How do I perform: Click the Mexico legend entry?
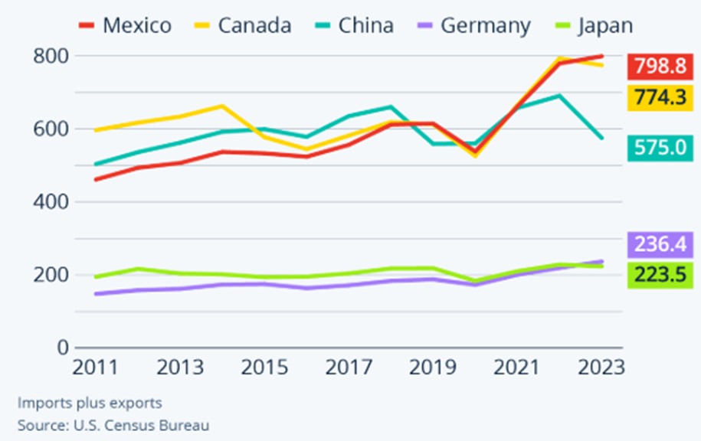tap(126, 25)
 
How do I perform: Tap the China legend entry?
tap(354, 25)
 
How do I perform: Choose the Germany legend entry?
tap(474, 25)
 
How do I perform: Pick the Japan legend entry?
tap(594, 25)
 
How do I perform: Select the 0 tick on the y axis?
tap(61, 348)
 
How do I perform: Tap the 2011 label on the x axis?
tap(95, 367)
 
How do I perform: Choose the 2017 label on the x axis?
tap(349, 367)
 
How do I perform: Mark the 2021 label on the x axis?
tap(518, 367)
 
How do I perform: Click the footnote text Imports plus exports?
tap(90, 403)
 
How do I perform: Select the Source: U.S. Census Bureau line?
tap(113, 424)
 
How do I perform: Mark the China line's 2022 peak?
tap(559, 96)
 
